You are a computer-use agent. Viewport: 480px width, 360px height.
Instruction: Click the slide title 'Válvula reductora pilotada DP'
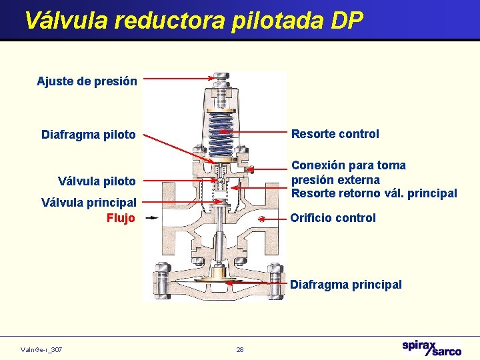pyautogui.click(x=193, y=21)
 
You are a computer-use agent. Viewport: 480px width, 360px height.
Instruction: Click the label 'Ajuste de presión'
pyautogui.click(x=87, y=81)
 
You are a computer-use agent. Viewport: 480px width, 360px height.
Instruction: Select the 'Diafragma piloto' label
pyautogui.click(x=88, y=135)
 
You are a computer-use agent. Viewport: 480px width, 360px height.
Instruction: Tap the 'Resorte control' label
pyautogui.click(x=335, y=134)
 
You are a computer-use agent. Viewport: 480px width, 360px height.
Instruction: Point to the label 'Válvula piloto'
pyautogui.click(x=97, y=181)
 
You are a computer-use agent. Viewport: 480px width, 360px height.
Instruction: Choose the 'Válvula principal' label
pyautogui.click(x=89, y=202)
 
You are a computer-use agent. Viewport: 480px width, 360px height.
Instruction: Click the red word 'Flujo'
pyautogui.click(x=121, y=218)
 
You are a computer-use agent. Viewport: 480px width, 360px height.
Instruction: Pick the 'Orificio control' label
pyautogui.click(x=333, y=218)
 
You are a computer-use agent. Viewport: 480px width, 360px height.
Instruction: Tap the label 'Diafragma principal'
pyautogui.click(x=345, y=285)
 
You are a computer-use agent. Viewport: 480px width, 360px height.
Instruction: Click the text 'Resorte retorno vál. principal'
pyautogui.click(x=373, y=194)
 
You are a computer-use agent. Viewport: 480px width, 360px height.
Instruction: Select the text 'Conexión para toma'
pyautogui.click(x=348, y=165)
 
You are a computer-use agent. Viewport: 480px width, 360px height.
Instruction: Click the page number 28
pyautogui.click(x=240, y=349)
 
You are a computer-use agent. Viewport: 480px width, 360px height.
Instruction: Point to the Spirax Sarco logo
pyautogui.click(x=431, y=348)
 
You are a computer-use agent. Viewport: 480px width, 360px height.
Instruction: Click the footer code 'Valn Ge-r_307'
pyautogui.click(x=41, y=349)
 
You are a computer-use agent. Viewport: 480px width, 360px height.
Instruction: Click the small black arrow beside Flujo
pyautogui.click(x=152, y=217)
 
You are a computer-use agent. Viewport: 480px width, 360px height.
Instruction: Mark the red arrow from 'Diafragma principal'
pyautogui.click(x=257, y=283)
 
